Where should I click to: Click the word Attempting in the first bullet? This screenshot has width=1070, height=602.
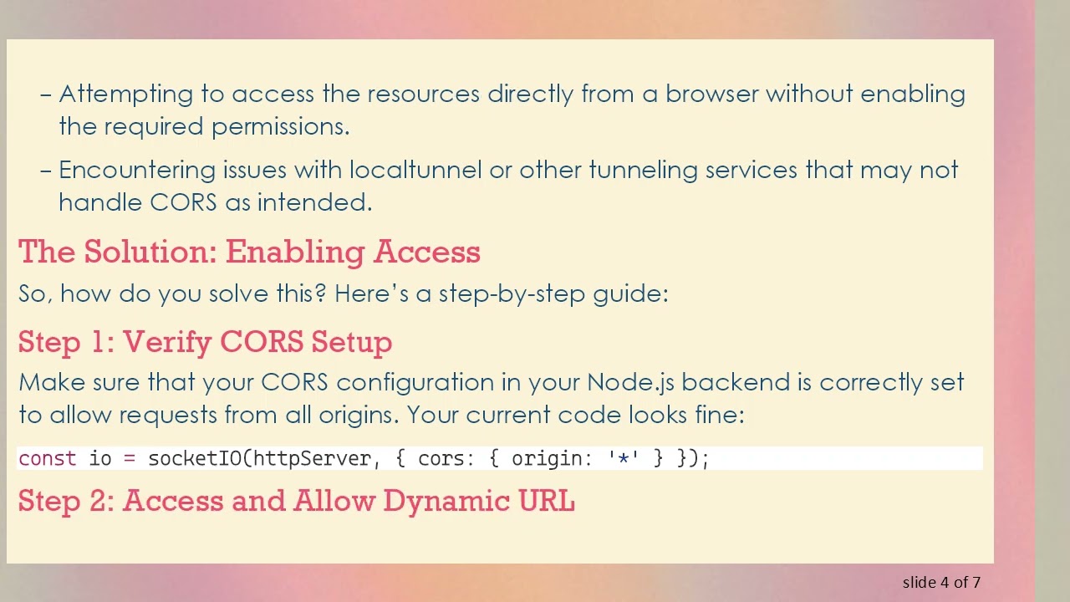coord(125,94)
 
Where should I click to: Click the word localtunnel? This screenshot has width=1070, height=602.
coord(415,170)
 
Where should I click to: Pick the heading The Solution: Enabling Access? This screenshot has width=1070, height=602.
coord(249,252)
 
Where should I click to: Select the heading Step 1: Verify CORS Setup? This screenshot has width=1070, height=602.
coord(205,342)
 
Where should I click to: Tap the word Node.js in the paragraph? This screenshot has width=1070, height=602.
coord(630,383)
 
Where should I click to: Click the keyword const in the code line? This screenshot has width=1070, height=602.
coord(47,458)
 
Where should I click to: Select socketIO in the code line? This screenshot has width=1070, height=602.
coord(195,458)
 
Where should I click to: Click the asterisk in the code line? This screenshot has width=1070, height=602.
coord(623,458)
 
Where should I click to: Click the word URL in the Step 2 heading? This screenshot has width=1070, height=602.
coord(547,501)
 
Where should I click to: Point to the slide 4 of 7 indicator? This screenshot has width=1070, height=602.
coord(941,582)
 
